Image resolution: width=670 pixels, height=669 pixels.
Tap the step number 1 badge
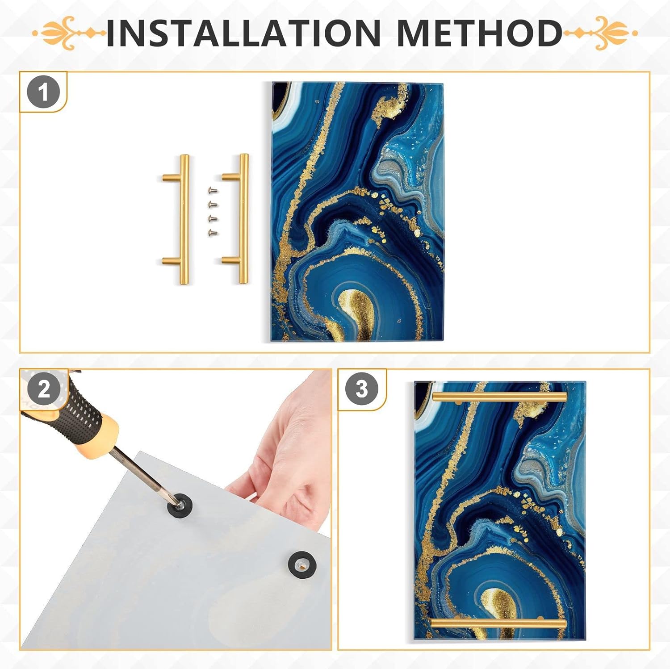click(43, 93)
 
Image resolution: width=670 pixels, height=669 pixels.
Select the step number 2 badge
click(43, 389)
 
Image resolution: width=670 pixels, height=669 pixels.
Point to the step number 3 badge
click(362, 389)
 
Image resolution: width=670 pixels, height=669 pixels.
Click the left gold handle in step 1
click(183, 219)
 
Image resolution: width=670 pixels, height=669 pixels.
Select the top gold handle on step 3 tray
click(499, 397)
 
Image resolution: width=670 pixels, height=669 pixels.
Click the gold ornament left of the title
click(69, 33)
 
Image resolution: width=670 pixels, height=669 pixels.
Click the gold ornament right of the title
click(601, 33)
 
